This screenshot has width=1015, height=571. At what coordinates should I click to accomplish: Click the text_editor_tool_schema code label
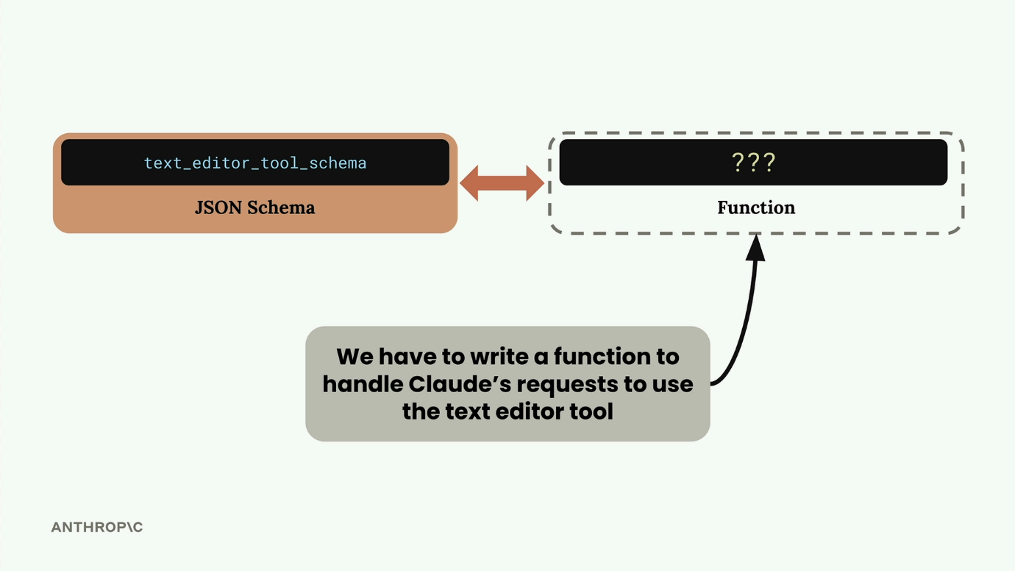(255, 163)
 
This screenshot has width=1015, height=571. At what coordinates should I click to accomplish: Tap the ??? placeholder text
(754, 162)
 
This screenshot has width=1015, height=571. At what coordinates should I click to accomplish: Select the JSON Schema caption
(254, 208)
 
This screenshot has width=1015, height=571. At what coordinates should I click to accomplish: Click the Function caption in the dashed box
(756, 208)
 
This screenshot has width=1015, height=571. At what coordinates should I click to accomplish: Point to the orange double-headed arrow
(502, 183)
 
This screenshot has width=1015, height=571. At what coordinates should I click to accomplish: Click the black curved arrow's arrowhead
(755, 247)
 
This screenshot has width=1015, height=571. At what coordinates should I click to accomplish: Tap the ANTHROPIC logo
(97, 527)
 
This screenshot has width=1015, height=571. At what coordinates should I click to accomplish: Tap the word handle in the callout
(363, 384)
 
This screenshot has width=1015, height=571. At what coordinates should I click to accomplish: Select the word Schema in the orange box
(281, 208)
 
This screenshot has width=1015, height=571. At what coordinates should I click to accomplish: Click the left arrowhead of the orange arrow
(469, 183)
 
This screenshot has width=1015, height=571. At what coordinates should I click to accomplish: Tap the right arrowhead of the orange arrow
(535, 183)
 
